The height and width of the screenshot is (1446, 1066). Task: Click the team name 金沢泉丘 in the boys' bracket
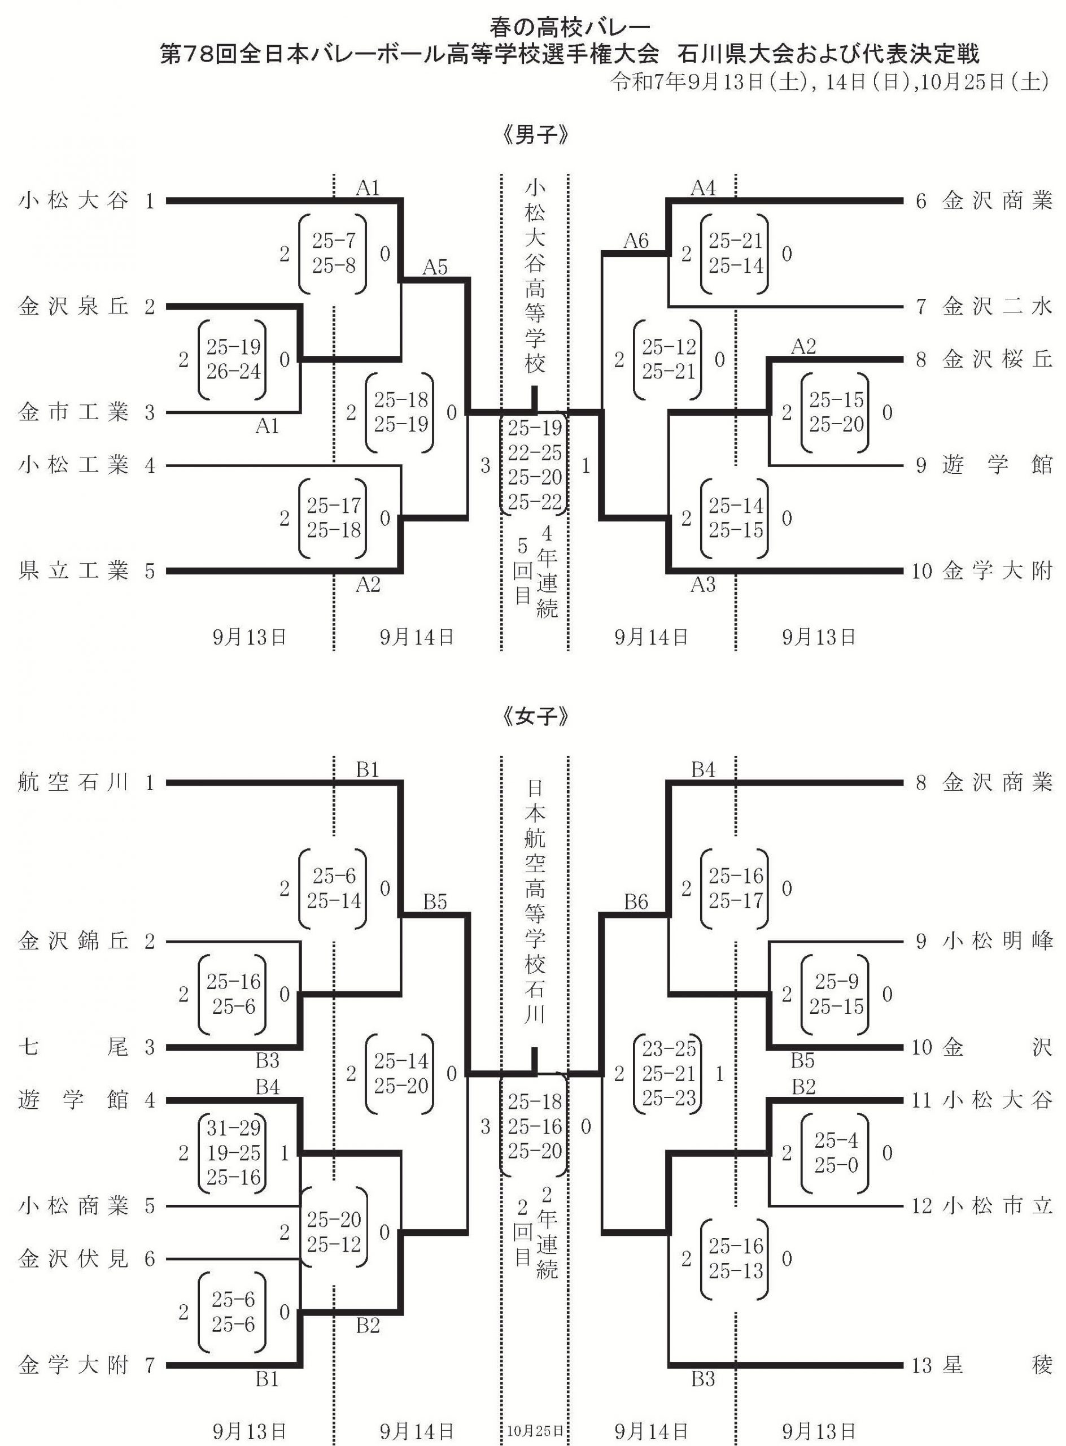click(x=73, y=307)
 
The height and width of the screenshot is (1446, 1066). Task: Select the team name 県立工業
click(x=73, y=571)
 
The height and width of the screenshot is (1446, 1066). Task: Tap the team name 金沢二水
click(x=997, y=307)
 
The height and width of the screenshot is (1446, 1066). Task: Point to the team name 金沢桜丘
click(x=997, y=360)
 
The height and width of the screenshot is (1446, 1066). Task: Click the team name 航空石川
click(x=73, y=783)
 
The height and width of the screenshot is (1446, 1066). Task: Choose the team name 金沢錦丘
click(x=73, y=942)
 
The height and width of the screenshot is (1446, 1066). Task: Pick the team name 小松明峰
click(x=997, y=942)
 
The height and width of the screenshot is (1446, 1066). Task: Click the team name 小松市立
click(x=997, y=1205)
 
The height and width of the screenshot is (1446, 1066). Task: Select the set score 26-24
click(x=234, y=372)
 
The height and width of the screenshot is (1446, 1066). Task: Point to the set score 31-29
click(x=234, y=1128)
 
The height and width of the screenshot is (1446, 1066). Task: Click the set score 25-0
click(x=836, y=1165)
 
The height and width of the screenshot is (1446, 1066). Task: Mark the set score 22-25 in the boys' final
click(x=534, y=452)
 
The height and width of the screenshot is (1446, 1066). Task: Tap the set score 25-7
click(x=334, y=241)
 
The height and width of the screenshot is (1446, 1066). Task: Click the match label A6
click(x=636, y=241)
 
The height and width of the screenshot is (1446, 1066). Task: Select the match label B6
click(x=636, y=902)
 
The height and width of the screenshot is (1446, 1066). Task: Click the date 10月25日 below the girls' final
click(x=534, y=1430)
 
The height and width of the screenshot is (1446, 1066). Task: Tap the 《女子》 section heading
click(x=534, y=717)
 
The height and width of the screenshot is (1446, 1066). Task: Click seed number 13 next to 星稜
click(x=921, y=1365)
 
